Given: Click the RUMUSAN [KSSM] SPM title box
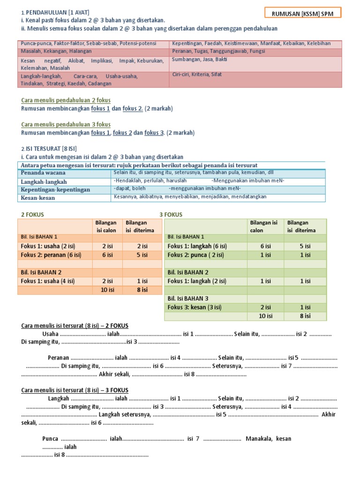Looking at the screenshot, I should [x=303, y=14].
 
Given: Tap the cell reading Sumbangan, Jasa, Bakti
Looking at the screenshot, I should [x=196, y=60].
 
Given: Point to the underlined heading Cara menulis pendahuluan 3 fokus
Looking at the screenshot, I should [x=66, y=125].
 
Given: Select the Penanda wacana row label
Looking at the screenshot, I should [x=43, y=173].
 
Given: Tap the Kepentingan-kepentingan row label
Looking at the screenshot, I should [x=55, y=189].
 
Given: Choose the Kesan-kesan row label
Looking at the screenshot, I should [x=38, y=198].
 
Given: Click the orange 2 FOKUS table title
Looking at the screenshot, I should [x=34, y=215].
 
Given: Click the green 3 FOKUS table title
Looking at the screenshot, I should [x=171, y=215].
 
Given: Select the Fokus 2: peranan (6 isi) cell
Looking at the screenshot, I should [x=51, y=255].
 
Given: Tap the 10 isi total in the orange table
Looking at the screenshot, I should [x=107, y=290].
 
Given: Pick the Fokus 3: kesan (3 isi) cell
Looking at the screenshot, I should [x=195, y=307].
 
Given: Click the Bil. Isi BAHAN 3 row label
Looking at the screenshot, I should [x=187, y=299].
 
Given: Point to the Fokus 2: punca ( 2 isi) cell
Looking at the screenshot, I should [x=195, y=255].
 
